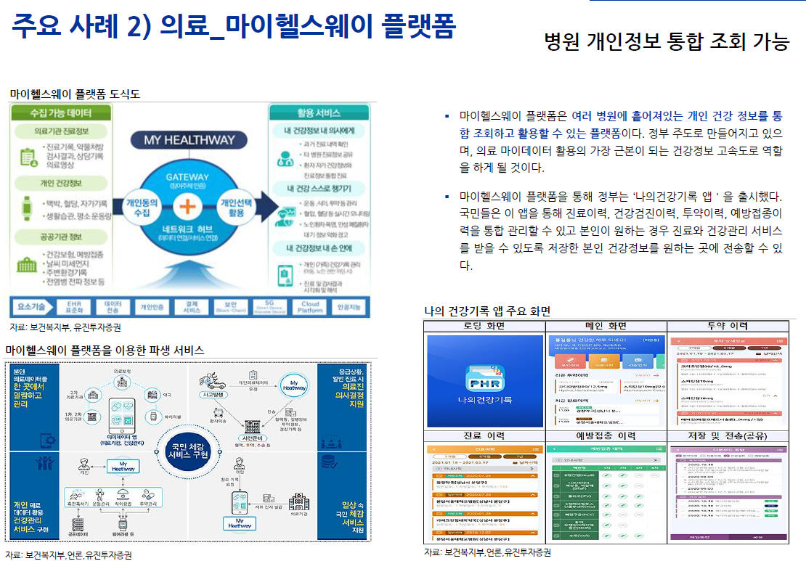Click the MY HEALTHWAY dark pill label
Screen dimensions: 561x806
pyautogui.click(x=189, y=140)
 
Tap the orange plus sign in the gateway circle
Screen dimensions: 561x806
pyautogui.click(x=187, y=207)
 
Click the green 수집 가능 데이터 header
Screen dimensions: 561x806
pyautogui.click(x=61, y=113)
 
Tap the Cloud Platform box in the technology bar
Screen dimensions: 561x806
pyautogui.click(x=309, y=307)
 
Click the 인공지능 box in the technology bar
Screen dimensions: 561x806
pyautogui.click(x=349, y=307)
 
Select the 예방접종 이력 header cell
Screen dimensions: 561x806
pyautogui.click(x=606, y=436)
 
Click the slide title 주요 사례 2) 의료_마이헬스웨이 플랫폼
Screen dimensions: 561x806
pyautogui.click(x=234, y=28)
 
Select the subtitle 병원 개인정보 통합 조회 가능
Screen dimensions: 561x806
pyautogui.click(x=667, y=42)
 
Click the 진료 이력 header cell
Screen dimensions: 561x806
pyautogui.click(x=484, y=436)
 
